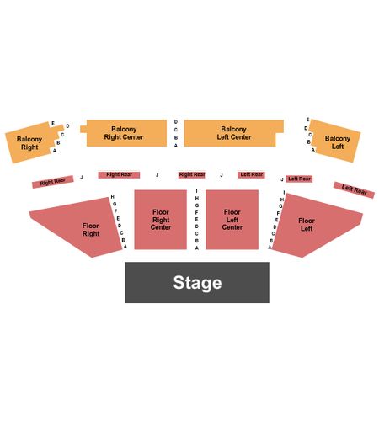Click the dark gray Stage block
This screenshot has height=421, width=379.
(x=197, y=282)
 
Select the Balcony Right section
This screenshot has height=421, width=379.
(x=31, y=142)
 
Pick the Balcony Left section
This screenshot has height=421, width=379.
(x=335, y=141)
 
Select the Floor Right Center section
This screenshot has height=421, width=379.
(x=161, y=220)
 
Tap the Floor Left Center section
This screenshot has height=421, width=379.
(x=232, y=220)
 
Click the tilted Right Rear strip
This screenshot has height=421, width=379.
(x=53, y=182)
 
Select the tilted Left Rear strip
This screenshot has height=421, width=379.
(x=354, y=190)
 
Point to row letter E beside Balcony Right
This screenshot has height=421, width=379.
(x=53, y=124)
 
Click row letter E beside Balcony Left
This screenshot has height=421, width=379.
(x=307, y=120)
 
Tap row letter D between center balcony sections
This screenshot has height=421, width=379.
(x=176, y=121)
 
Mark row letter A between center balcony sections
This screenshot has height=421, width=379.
(x=176, y=146)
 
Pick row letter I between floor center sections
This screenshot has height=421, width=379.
(x=196, y=191)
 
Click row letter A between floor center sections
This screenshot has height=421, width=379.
(x=197, y=248)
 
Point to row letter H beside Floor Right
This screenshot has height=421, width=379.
(x=113, y=197)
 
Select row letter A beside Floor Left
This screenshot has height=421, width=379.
(x=270, y=248)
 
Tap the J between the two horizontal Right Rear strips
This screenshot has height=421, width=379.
(x=157, y=175)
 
